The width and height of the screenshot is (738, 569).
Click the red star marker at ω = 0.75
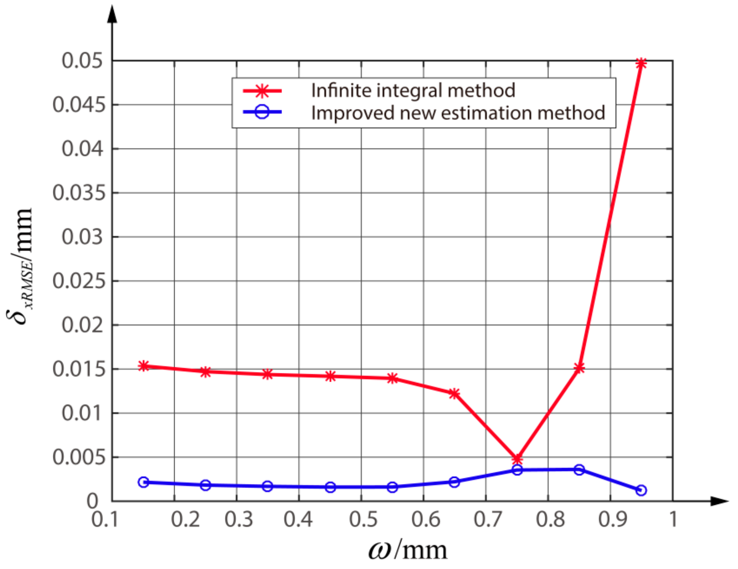tap(517, 459)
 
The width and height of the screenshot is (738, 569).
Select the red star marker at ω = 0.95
tap(641, 63)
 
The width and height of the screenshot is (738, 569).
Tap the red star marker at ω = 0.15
tap(143, 366)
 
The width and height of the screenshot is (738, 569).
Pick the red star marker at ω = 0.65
tap(454, 393)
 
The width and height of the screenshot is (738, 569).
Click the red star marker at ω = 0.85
tap(579, 368)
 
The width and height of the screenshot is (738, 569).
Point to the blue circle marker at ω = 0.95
tap(641, 490)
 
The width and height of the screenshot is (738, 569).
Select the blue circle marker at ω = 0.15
tap(143, 482)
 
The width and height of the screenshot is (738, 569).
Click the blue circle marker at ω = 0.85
tap(579, 470)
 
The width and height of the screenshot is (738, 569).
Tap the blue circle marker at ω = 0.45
tap(330, 487)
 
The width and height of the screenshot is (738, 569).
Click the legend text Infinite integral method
tap(413, 91)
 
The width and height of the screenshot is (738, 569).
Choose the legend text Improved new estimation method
tap(458, 113)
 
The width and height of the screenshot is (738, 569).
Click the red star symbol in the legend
tap(262, 91)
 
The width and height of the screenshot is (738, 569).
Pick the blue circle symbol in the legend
tap(262, 112)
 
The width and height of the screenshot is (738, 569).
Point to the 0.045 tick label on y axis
tap(79, 105)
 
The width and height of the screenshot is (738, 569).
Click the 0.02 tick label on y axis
tap(83, 325)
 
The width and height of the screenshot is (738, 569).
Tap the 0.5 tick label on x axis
tap(363, 520)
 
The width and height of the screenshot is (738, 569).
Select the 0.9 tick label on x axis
tap(612, 520)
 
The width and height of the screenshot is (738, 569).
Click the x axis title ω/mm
tap(407, 550)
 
